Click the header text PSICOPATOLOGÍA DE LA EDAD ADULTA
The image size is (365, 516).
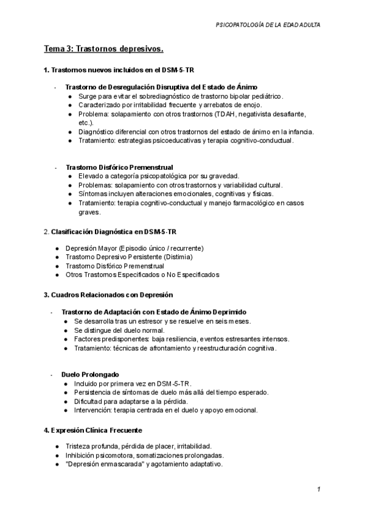[x=268, y=25]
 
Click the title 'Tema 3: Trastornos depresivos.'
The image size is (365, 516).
[x=103, y=49]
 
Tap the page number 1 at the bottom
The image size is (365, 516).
[x=318, y=490]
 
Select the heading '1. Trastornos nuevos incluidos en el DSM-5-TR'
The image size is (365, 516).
[x=119, y=71]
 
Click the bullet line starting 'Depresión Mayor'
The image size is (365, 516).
[x=134, y=248]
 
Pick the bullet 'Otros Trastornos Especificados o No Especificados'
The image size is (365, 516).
[x=142, y=274]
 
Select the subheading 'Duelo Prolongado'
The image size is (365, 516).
[x=90, y=374]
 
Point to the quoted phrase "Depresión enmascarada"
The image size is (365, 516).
[x=104, y=464]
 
